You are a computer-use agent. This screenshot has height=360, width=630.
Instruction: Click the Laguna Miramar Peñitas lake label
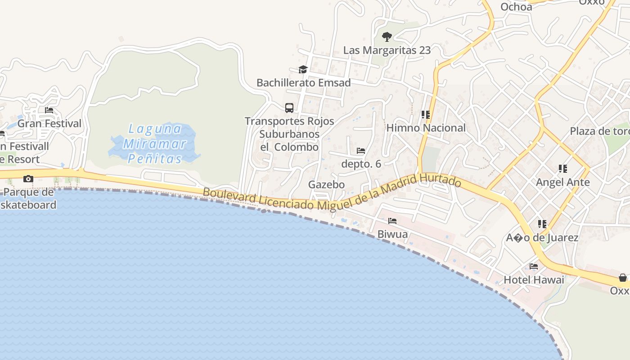coord(154,144)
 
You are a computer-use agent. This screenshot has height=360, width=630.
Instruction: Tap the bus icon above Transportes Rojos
coord(289,108)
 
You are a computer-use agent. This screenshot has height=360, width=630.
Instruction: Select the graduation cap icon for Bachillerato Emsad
coord(303,69)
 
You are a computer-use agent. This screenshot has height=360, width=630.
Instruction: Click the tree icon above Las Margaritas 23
coord(387,37)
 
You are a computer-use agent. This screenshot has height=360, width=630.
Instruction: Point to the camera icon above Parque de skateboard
coord(28,179)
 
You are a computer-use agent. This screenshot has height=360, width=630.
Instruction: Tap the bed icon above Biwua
coord(392,221)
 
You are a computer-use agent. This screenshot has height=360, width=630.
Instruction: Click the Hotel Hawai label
coord(534,280)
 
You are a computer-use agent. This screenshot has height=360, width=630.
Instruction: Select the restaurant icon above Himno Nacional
coord(426,115)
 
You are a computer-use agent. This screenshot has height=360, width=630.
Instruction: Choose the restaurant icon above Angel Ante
coord(562,169)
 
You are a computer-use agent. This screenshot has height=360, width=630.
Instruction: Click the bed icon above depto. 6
coord(361,151)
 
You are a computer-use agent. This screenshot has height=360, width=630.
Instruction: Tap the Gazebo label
coord(326,184)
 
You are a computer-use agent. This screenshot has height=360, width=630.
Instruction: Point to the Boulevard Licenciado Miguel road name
coord(332,192)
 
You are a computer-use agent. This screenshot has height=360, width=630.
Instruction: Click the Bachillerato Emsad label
coord(303,83)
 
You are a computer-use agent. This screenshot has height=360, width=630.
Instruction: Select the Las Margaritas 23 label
coord(387,50)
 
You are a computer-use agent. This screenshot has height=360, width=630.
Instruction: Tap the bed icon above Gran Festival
coord(49,110)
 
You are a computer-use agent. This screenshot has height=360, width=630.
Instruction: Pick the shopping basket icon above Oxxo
coord(623,278)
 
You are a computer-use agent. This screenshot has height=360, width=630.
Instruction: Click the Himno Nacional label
coord(426,128)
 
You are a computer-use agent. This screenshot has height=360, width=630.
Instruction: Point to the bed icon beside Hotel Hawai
coord(534,266)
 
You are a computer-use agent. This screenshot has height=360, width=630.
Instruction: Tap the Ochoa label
coord(516,6)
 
